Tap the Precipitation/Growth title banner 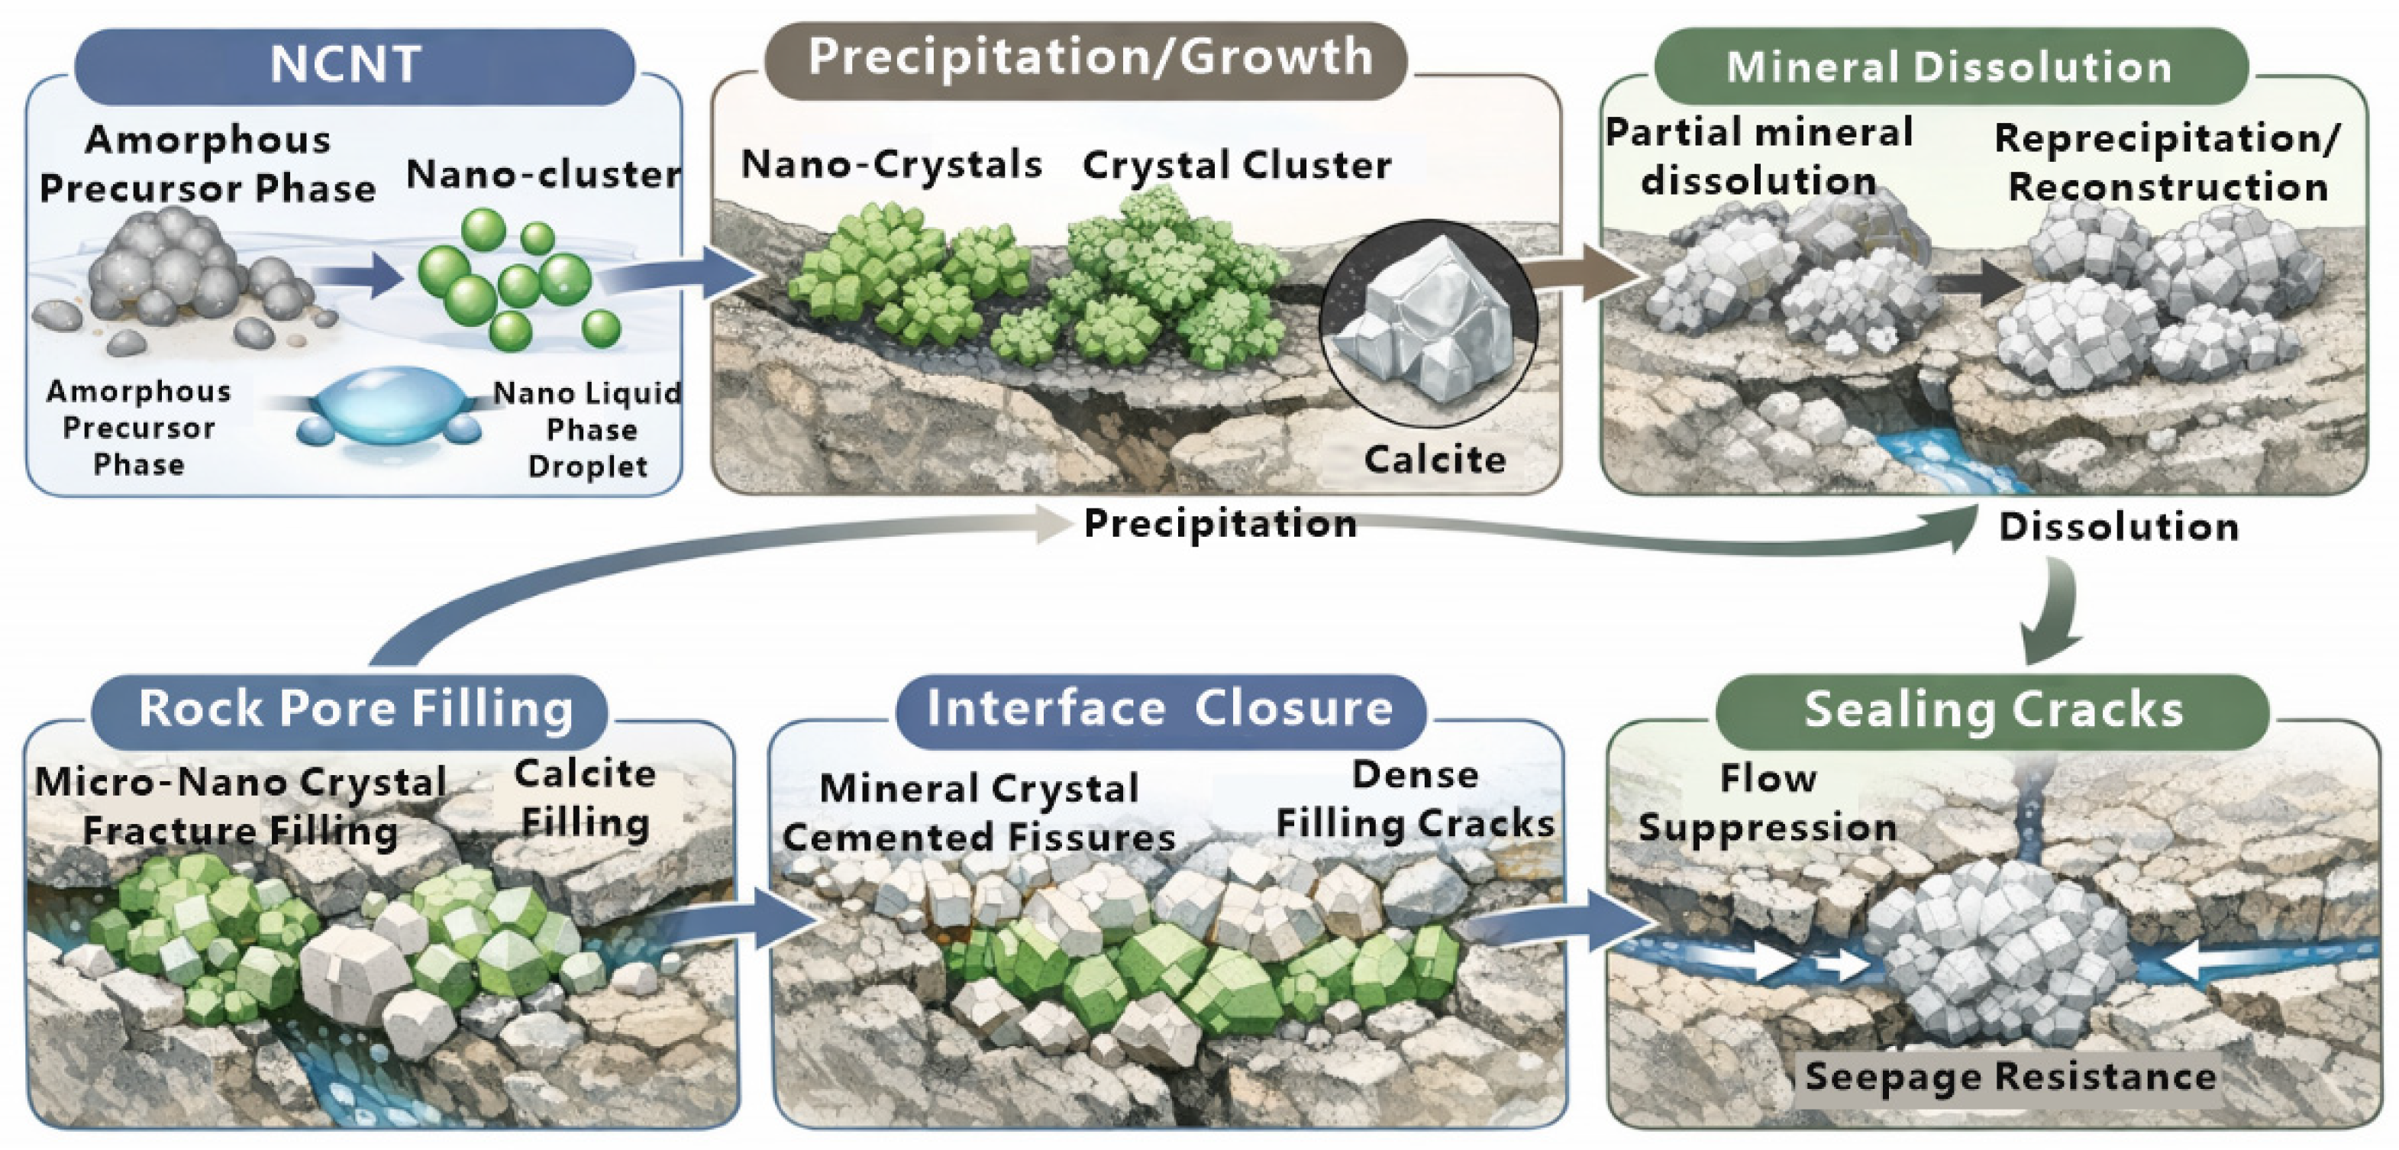tap(1086, 60)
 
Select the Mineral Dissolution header tap(1951, 66)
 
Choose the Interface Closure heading tap(1161, 709)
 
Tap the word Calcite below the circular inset tap(1434, 459)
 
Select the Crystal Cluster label tap(1237, 166)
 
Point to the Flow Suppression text tap(1768, 803)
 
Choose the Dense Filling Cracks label tap(1415, 799)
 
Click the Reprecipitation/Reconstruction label tap(2166, 162)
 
